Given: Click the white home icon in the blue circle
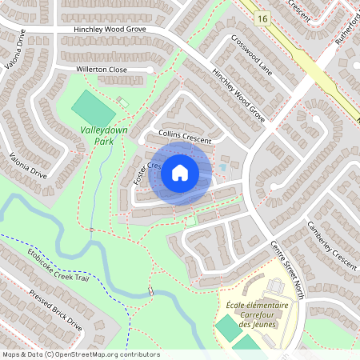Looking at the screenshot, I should pos(179,173).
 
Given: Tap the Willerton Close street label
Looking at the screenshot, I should pos(102,70).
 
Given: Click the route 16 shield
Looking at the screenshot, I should pos(262,17).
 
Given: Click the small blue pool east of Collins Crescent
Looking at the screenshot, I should pos(223,169).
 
